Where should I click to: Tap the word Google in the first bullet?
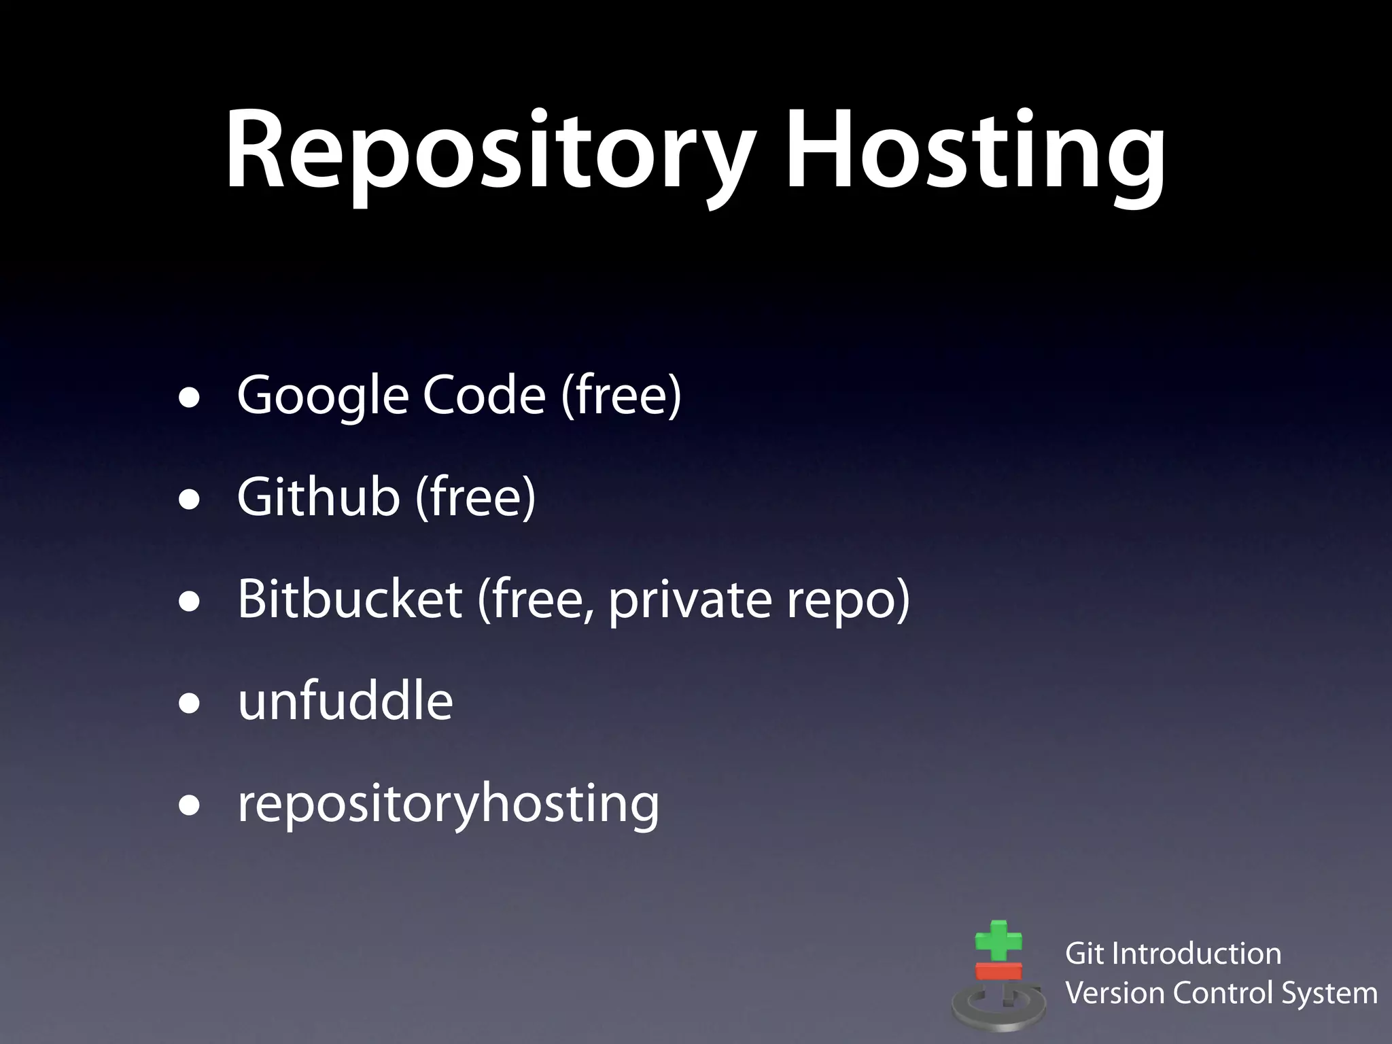click(x=323, y=396)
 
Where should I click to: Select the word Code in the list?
click(x=484, y=396)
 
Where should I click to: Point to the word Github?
click(x=318, y=497)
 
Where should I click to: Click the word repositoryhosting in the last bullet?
click(x=449, y=804)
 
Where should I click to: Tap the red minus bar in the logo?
click(x=998, y=971)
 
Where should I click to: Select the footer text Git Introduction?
click(x=1173, y=954)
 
